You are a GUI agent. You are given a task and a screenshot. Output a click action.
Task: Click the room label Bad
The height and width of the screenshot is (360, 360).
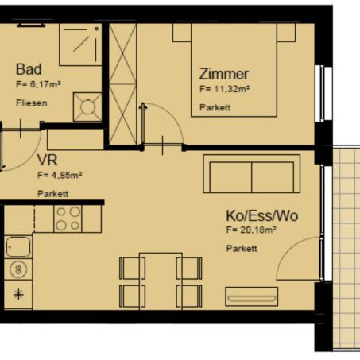(x=29, y=70)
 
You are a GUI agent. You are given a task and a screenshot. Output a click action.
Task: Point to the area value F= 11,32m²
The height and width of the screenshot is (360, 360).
(x=225, y=91)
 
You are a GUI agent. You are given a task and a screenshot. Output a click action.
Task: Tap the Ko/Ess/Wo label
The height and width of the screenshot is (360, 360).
(x=262, y=216)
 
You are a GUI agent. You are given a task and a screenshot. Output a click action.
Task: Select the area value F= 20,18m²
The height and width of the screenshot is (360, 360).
(x=251, y=230)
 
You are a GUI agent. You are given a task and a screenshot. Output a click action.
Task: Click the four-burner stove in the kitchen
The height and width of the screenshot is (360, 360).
(x=68, y=219)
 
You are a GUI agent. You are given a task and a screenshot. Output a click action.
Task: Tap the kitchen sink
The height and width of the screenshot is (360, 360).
(x=18, y=247)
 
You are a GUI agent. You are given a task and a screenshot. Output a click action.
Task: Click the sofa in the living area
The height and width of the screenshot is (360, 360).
(x=251, y=174)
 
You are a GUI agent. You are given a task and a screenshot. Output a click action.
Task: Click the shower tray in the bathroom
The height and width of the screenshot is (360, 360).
(x=80, y=47)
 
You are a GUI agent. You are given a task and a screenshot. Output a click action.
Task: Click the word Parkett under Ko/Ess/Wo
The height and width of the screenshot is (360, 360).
(x=242, y=249)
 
